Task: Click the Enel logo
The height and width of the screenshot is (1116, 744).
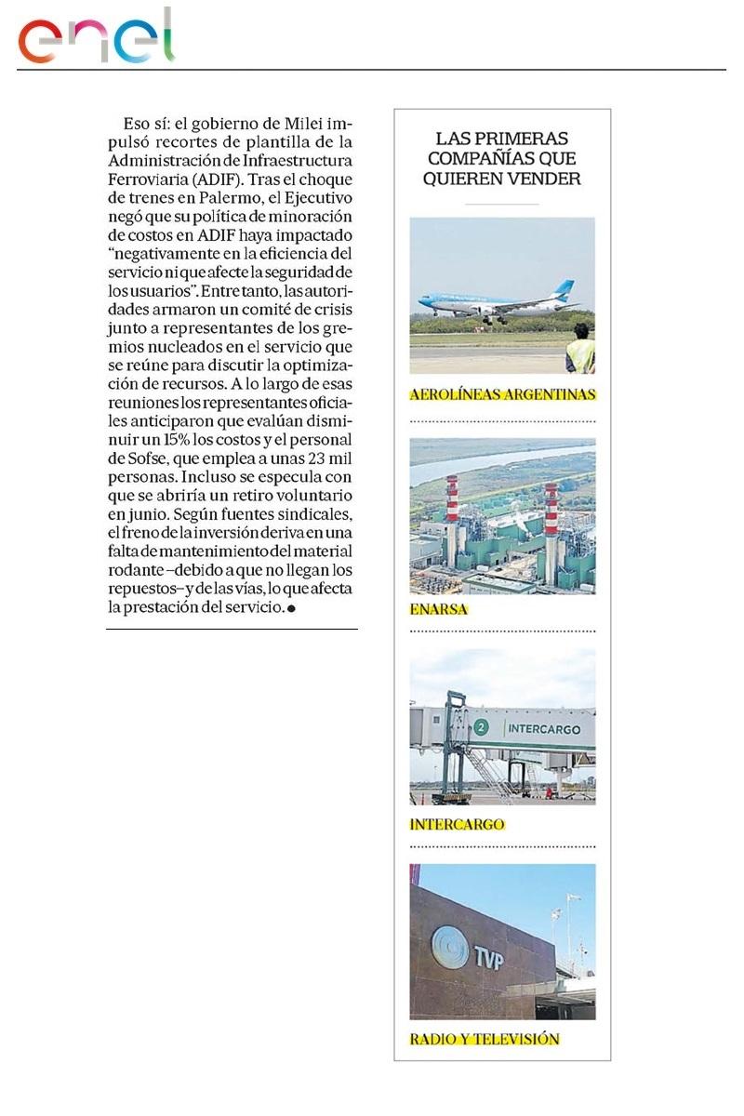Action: [97, 37]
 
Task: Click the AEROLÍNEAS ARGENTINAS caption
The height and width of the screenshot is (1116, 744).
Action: [502, 394]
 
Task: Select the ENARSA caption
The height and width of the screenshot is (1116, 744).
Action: [438, 610]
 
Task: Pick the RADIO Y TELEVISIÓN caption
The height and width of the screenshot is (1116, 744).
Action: [485, 1039]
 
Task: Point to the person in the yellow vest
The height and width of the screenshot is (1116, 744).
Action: [580, 350]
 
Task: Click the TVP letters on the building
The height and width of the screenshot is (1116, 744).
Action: [488, 958]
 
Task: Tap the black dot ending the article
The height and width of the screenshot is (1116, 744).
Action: [292, 609]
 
